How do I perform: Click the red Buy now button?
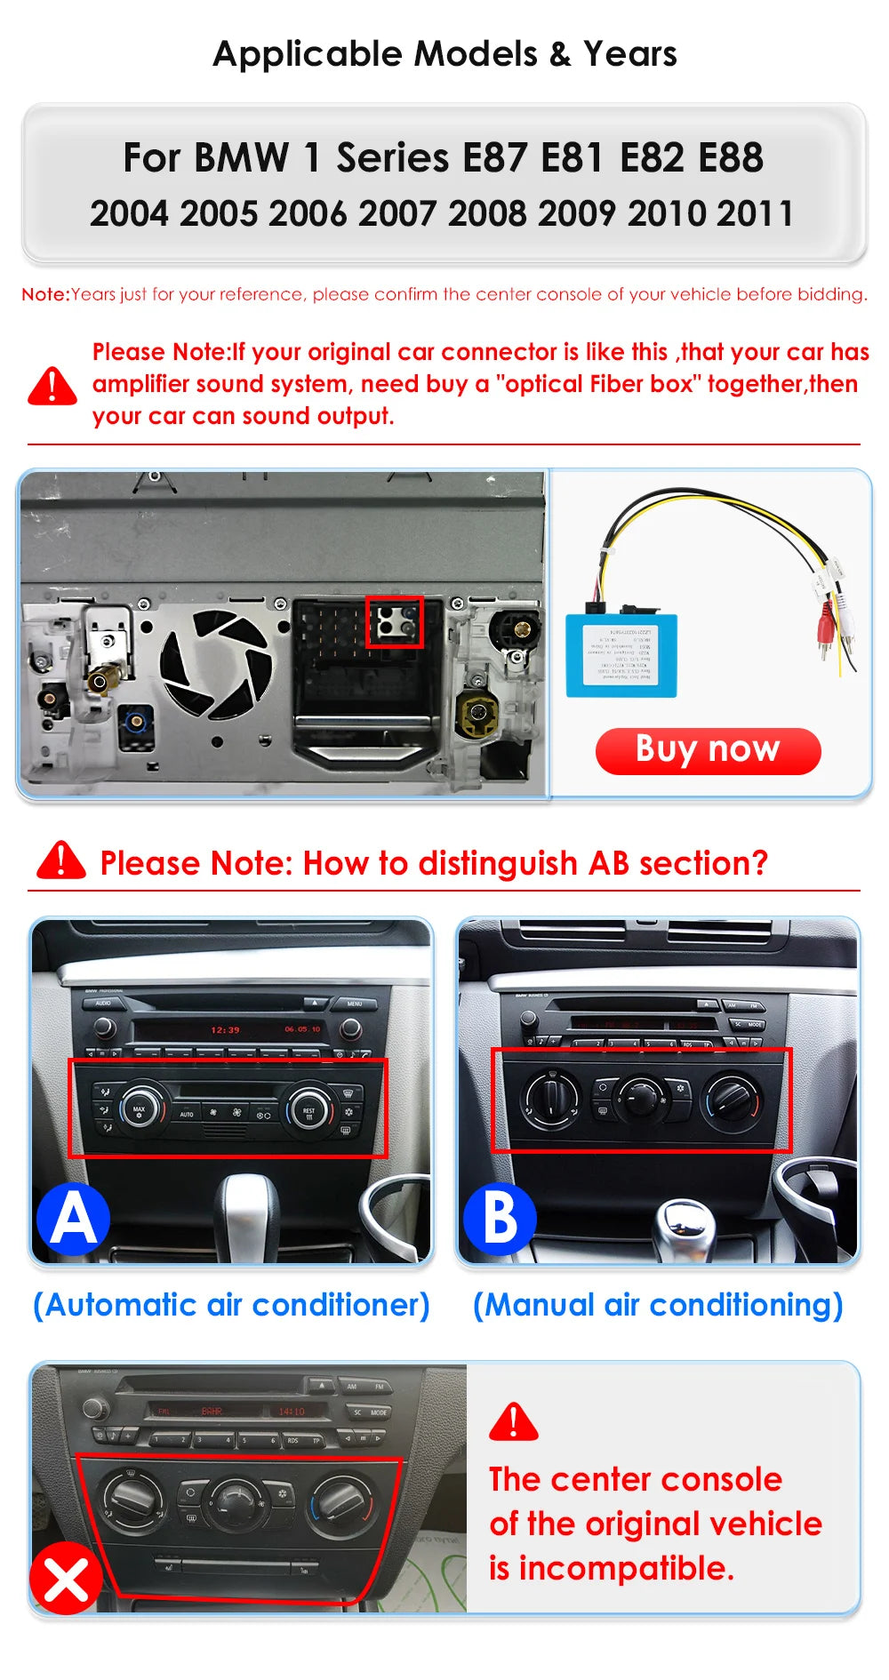pyautogui.click(x=708, y=750)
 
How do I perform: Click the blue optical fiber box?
pyautogui.click(x=621, y=654)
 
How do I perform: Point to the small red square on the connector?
pyautogui.click(x=395, y=621)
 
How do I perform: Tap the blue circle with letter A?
pyautogui.click(x=73, y=1219)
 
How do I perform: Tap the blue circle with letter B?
pyautogui.click(x=500, y=1219)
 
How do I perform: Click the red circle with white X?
pyautogui.click(x=65, y=1579)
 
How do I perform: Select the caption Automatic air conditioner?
pyautogui.click(x=231, y=1305)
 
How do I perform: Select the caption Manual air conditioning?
pyautogui.click(x=658, y=1305)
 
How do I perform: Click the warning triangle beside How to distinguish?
pyautogui.click(x=60, y=860)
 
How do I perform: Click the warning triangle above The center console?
pyautogui.click(x=514, y=1422)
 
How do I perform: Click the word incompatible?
pyautogui.click(x=626, y=1568)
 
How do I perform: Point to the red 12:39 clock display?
pyautogui.click(x=225, y=1030)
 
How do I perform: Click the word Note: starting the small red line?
pyautogui.click(x=45, y=294)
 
